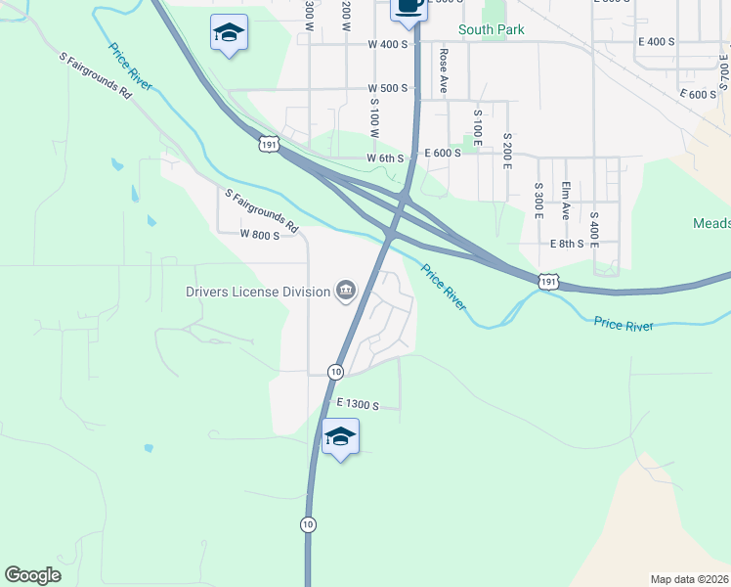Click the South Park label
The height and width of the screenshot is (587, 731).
492,29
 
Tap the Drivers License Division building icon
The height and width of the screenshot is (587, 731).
346,290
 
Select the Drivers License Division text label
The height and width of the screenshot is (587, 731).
258,291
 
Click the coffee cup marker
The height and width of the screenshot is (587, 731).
408,6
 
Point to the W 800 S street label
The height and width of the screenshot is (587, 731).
260,235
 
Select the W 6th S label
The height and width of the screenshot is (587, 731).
385,158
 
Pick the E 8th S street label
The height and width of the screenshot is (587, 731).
567,244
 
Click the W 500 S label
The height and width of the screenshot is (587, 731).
387,88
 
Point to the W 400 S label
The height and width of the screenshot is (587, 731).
387,44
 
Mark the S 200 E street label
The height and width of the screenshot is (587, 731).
506,151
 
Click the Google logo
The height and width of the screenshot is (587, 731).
33,574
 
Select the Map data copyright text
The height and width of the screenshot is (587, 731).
689,578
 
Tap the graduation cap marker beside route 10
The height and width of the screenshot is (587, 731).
340,436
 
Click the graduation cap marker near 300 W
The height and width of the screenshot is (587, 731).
229,33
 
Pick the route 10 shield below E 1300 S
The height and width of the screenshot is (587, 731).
309,523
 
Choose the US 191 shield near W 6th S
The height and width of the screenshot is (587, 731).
270,144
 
